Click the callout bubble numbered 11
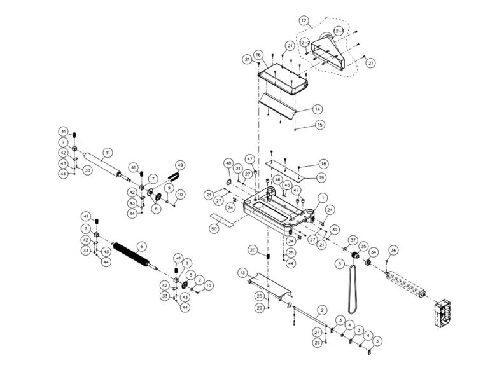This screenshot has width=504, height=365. [x=108, y=153]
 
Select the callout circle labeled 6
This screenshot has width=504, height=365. [x=141, y=246]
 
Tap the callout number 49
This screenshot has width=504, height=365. [x=180, y=165]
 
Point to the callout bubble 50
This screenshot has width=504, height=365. [x=214, y=227]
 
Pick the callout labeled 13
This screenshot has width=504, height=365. [x=242, y=272]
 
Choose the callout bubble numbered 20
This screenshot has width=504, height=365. [x=253, y=250]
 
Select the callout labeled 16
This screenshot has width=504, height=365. [x=258, y=56]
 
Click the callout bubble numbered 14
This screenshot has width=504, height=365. [x=317, y=109]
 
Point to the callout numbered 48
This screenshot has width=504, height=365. [x=228, y=163]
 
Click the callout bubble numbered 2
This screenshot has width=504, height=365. [x=322, y=310]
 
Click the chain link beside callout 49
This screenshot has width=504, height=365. [x=173, y=175]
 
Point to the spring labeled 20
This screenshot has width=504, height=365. [x=269, y=256]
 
